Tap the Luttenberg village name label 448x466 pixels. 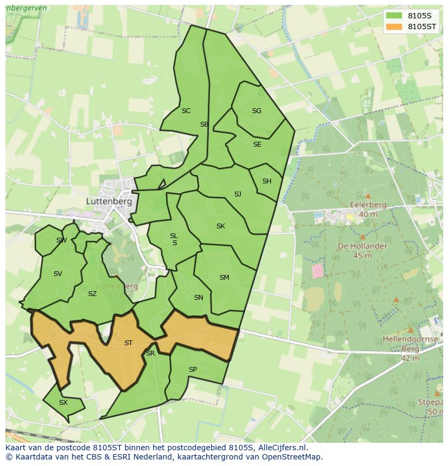pyautogui.click(x=109, y=201)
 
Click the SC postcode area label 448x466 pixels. pyautogui.click(x=186, y=111)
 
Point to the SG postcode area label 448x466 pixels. pyautogui.click(x=256, y=111)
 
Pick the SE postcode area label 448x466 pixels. pyautogui.click(x=257, y=145)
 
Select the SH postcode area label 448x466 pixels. pyautogui.click(x=267, y=181)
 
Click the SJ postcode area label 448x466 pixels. pyautogui.click(x=238, y=194)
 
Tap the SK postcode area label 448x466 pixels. pyautogui.click(x=220, y=226)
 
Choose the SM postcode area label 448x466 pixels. pyautogui.click(x=224, y=278)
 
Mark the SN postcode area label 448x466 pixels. pyautogui.click(x=199, y=298)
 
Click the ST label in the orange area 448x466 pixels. pyautogui.click(x=128, y=343)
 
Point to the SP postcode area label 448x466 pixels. pyautogui.click(x=193, y=370)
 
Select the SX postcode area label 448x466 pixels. pyautogui.click(x=63, y=403)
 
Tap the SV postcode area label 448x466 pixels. pyautogui.click(x=58, y=274)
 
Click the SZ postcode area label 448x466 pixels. pyautogui.click(x=93, y=294)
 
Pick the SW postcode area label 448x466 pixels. pyautogui.click(x=61, y=240)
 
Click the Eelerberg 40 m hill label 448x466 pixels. pyautogui.click(x=368, y=209)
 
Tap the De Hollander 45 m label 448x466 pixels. pyautogui.click(x=362, y=251)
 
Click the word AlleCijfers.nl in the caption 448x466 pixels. pyautogui.click(x=281, y=448)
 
